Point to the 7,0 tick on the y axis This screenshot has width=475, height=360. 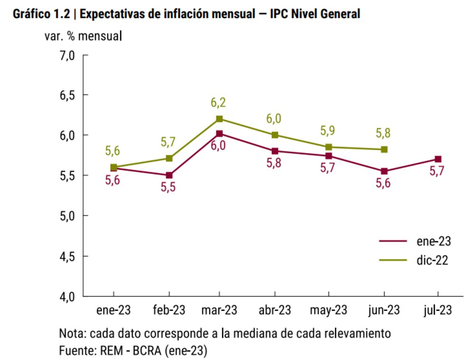pyautogui.click(x=67, y=55)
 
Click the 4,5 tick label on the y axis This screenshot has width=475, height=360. pyautogui.click(x=67, y=256)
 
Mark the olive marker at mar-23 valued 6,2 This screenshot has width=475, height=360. pyautogui.click(x=219, y=119)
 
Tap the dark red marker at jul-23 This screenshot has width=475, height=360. pyautogui.click(x=438, y=159)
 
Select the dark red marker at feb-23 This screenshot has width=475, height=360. pyautogui.click(x=169, y=175)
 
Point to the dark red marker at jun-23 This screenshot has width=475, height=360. pyautogui.click(x=384, y=171)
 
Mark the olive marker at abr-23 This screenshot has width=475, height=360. pyautogui.click(x=275, y=135)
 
